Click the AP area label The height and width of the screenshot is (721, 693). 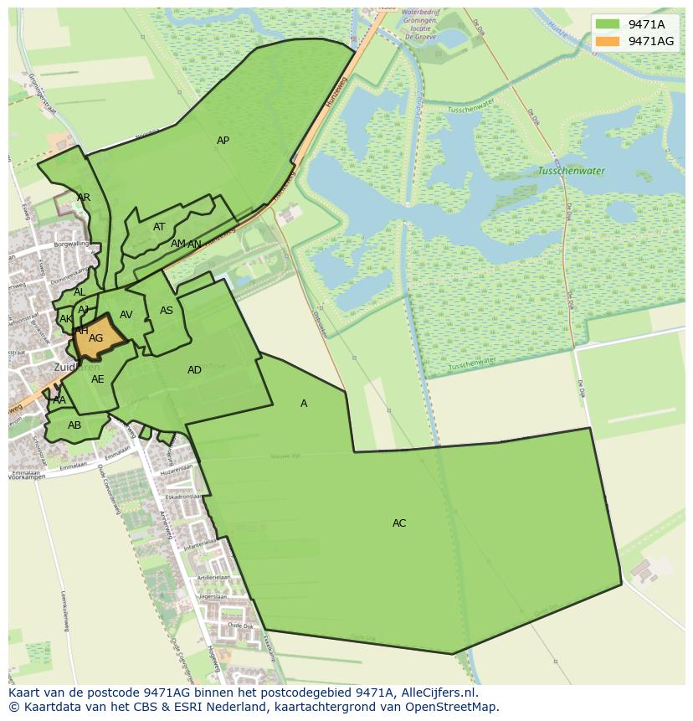223,141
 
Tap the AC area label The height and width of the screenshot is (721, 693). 399,523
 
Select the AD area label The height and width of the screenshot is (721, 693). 194,370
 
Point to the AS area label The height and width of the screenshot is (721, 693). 167,311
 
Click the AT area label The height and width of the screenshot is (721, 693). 159,227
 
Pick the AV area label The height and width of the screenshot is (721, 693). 126,315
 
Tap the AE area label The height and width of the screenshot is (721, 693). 98,379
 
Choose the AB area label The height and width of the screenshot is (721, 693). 74,425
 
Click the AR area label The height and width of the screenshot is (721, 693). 84,198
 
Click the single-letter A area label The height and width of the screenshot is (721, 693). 304,404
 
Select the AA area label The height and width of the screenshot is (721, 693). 59,400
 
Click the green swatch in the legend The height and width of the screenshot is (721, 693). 608,24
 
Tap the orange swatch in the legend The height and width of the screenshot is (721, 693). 608,41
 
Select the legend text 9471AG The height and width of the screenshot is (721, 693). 651,41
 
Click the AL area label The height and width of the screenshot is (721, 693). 80,292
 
